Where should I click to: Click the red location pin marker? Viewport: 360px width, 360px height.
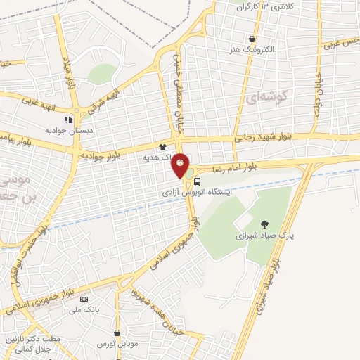pos(181,166)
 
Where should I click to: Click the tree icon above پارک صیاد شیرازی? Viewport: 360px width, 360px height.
pos(264,224)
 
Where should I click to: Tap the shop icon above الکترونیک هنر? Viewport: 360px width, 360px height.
pos(252,39)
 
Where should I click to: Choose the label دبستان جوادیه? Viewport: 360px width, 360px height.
pos(66,130)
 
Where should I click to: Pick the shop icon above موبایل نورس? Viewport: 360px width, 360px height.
pos(117,332)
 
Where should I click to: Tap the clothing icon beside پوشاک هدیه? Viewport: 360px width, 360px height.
pos(163,148)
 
